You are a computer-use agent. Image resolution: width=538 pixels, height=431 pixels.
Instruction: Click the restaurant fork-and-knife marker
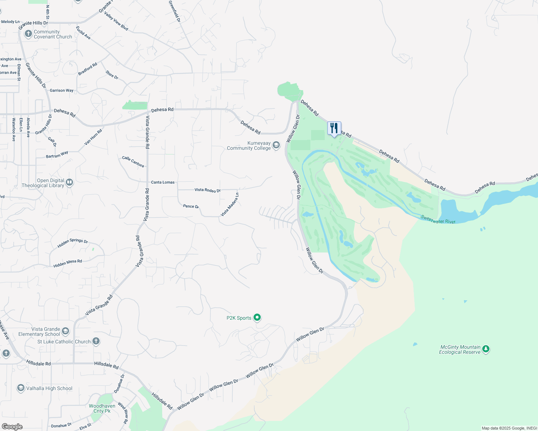(x=334, y=128)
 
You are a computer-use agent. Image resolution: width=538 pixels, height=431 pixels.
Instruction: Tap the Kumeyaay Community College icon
(x=276, y=145)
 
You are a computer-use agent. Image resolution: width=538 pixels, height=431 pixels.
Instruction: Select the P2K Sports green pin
(x=257, y=318)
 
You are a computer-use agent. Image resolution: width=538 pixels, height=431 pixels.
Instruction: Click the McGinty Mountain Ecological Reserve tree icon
(x=486, y=349)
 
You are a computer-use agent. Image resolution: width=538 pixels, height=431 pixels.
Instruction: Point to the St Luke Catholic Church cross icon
(x=96, y=341)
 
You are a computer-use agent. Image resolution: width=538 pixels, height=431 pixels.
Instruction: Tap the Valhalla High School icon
(x=21, y=388)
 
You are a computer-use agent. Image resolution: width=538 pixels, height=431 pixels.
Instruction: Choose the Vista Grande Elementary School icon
(x=65, y=331)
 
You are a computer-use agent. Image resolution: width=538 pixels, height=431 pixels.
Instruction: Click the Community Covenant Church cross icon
(x=28, y=34)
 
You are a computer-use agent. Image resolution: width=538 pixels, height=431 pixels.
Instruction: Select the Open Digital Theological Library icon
(x=69, y=182)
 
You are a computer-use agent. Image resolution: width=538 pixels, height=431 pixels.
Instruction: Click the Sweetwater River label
(x=438, y=219)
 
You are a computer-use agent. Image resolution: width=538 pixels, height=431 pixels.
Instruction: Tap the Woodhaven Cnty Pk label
(x=102, y=408)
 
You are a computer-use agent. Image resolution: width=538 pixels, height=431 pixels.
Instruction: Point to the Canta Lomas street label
(x=163, y=182)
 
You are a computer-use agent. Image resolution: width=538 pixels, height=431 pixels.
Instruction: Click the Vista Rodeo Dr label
(x=207, y=190)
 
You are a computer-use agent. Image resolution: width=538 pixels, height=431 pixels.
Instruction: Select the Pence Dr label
(x=191, y=206)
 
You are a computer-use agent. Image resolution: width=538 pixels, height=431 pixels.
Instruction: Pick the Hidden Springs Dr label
(x=73, y=243)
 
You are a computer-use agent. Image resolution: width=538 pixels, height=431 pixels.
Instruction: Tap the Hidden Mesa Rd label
(x=68, y=263)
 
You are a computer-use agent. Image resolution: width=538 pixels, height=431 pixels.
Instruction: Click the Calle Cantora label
(x=133, y=162)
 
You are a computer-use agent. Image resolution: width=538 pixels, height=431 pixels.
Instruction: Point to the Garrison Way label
(x=61, y=91)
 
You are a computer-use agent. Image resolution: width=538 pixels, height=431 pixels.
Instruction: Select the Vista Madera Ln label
(x=230, y=205)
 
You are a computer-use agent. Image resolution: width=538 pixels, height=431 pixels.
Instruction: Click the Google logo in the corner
(x=12, y=426)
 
